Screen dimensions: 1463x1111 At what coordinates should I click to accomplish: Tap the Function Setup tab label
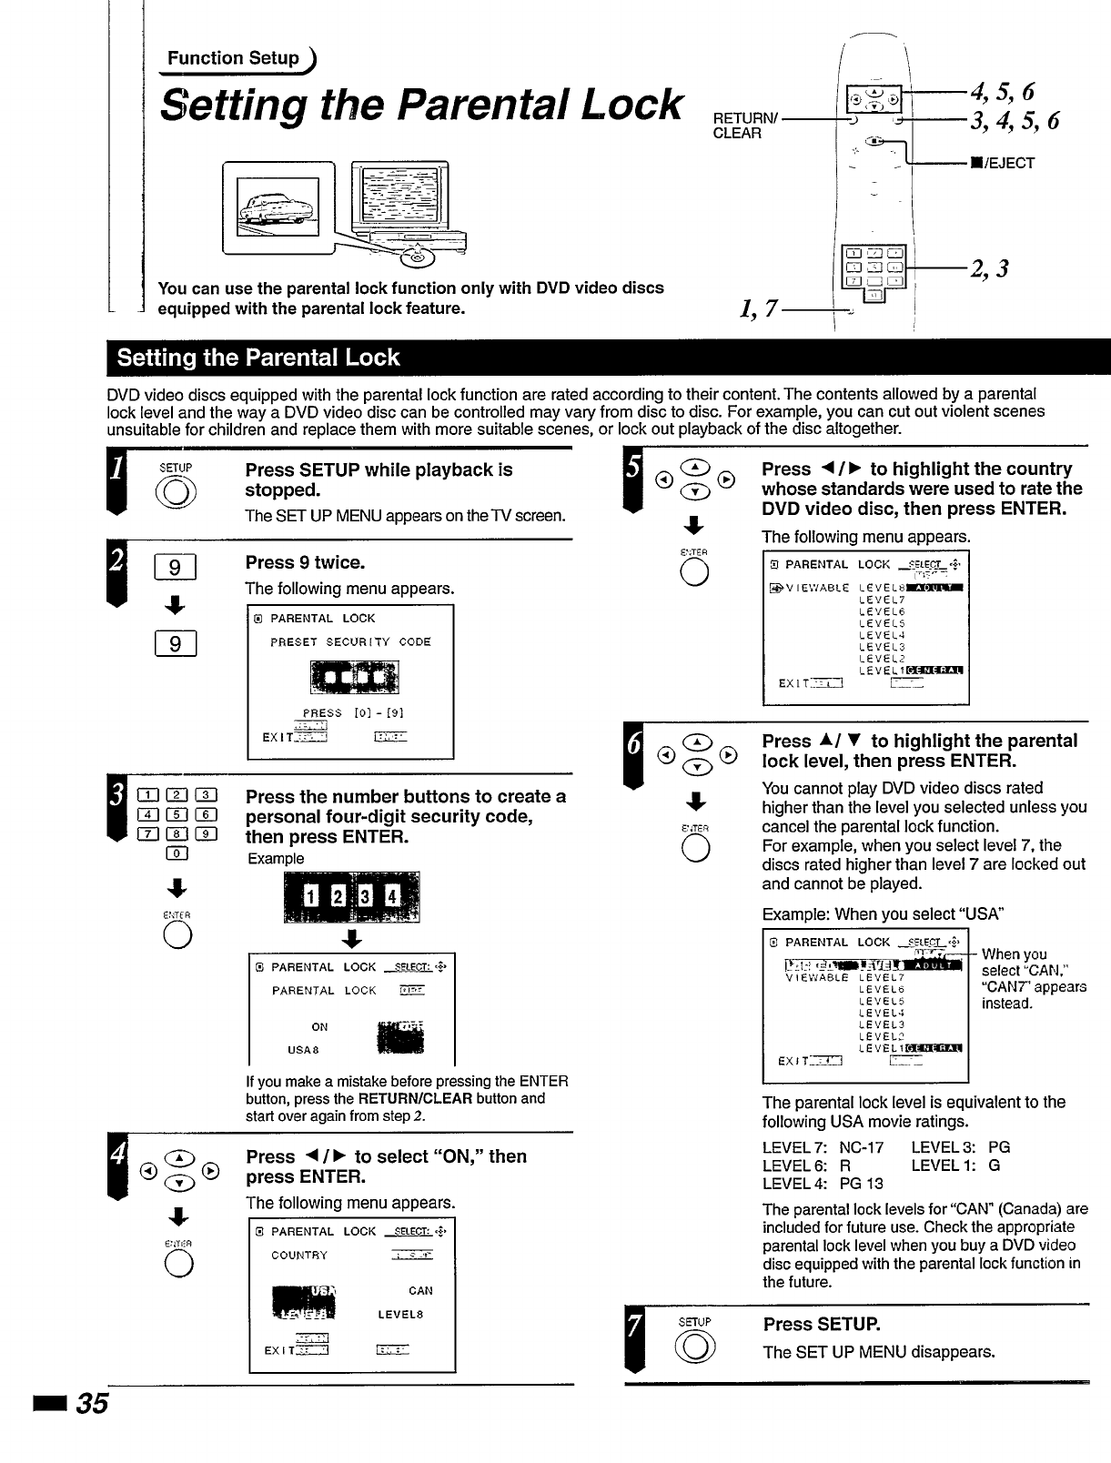tap(234, 58)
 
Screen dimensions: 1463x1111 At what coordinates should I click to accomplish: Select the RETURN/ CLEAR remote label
tap(738, 126)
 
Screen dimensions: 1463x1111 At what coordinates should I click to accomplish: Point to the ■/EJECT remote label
tap(1002, 164)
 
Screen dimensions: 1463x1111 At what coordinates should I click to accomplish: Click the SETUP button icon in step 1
tap(176, 497)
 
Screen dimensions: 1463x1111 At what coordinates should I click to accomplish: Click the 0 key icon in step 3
tap(177, 853)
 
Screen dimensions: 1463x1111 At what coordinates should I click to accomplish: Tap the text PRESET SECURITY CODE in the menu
tap(350, 642)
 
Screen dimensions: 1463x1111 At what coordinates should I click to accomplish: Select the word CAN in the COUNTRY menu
tap(420, 1290)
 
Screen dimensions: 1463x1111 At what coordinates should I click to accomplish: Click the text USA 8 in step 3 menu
tap(303, 1050)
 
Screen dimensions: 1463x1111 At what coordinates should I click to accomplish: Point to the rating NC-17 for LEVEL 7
tap(861, 1147)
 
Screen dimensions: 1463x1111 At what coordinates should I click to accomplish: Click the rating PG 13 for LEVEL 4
tap(861, 1184)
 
